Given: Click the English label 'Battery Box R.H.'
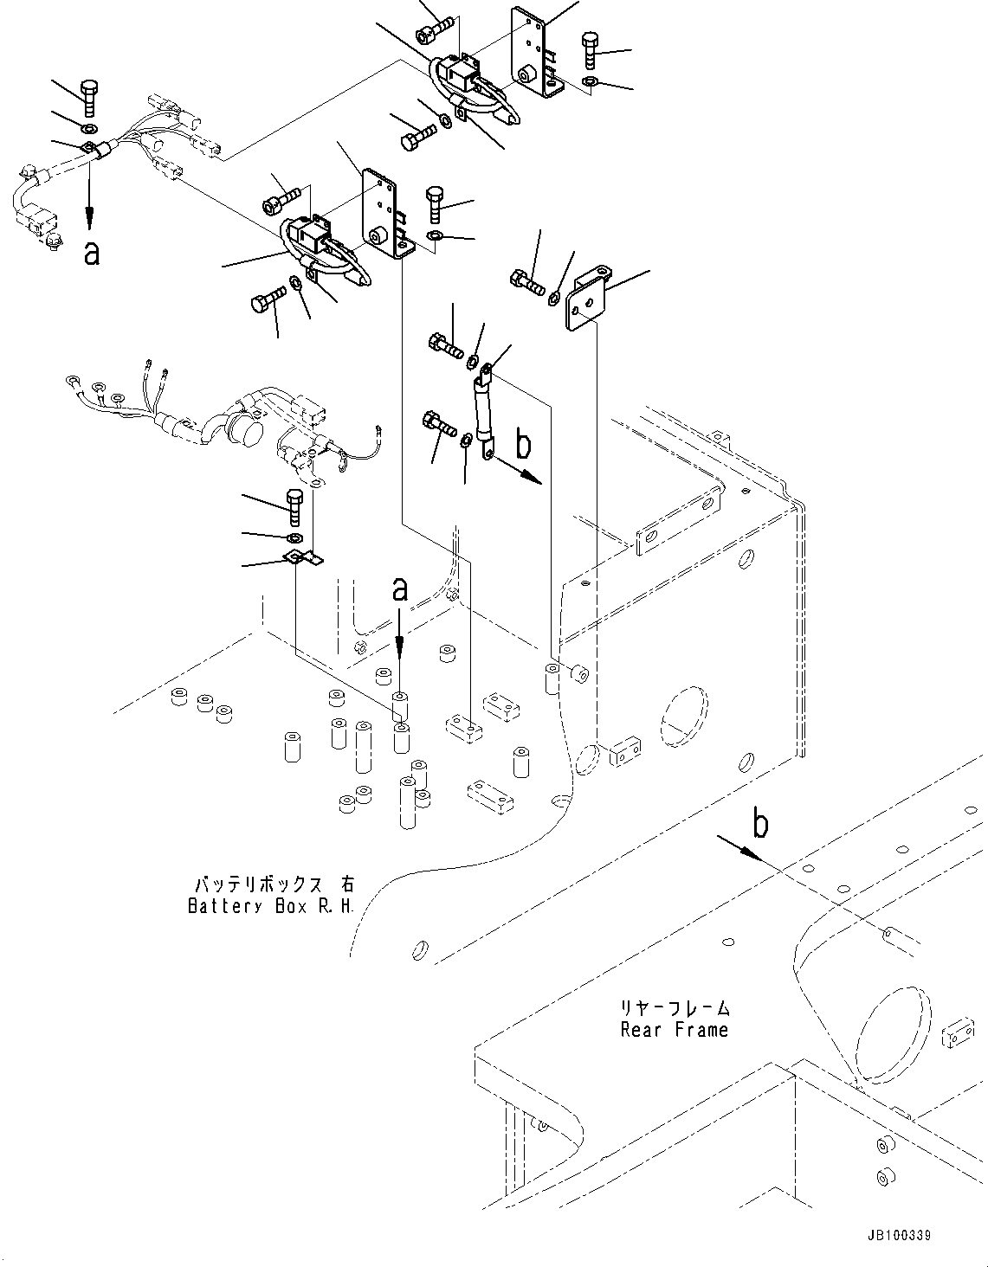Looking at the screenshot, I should pos(271,906).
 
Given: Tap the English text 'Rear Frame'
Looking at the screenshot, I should pos(674,1030).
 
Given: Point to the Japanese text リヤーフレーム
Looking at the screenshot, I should pos(674,1008).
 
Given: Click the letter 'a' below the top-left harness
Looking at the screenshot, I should pos(91,253).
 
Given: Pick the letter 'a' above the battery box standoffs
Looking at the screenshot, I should pos(399,590).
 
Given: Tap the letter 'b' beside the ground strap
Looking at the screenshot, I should pos(523,445).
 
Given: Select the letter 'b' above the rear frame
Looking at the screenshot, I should pos(759,825).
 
